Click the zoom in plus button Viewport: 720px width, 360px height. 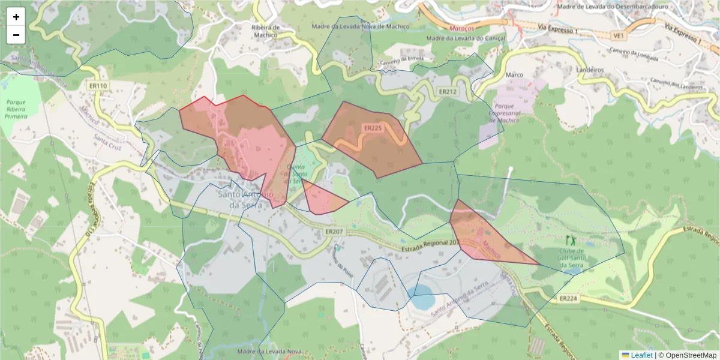pos(16,17)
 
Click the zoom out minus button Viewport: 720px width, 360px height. pos(16,35)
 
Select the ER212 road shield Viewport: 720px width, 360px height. pos(448,92)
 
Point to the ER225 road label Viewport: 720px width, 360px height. pos(372,128)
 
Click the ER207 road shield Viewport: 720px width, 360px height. pos(334,231)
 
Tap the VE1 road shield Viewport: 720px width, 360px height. pos(619,35)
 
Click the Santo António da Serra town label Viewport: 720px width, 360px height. pos(246,199)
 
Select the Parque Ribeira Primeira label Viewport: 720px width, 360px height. pos(16,108)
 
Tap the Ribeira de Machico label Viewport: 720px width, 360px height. pos(265,31)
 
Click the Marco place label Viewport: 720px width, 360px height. pos(515,74)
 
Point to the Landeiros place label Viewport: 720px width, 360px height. pos(589,70)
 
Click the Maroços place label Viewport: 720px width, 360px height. pos(461,28)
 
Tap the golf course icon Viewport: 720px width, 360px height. pos(570,240)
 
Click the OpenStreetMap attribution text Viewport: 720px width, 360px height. pos(688,355)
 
